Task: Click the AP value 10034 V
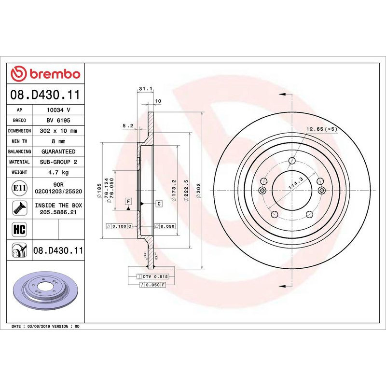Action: point(58,110)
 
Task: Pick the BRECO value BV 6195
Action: point(58,120)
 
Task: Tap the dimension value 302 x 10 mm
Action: point(58,131)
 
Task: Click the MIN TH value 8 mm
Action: point(58,141)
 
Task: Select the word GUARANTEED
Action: point(58,152)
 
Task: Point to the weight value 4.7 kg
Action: point(58,172)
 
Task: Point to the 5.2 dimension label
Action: point(128,126)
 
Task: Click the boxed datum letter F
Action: point(128,200)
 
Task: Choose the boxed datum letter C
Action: point(159,203)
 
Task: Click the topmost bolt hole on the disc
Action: point(291,161)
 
